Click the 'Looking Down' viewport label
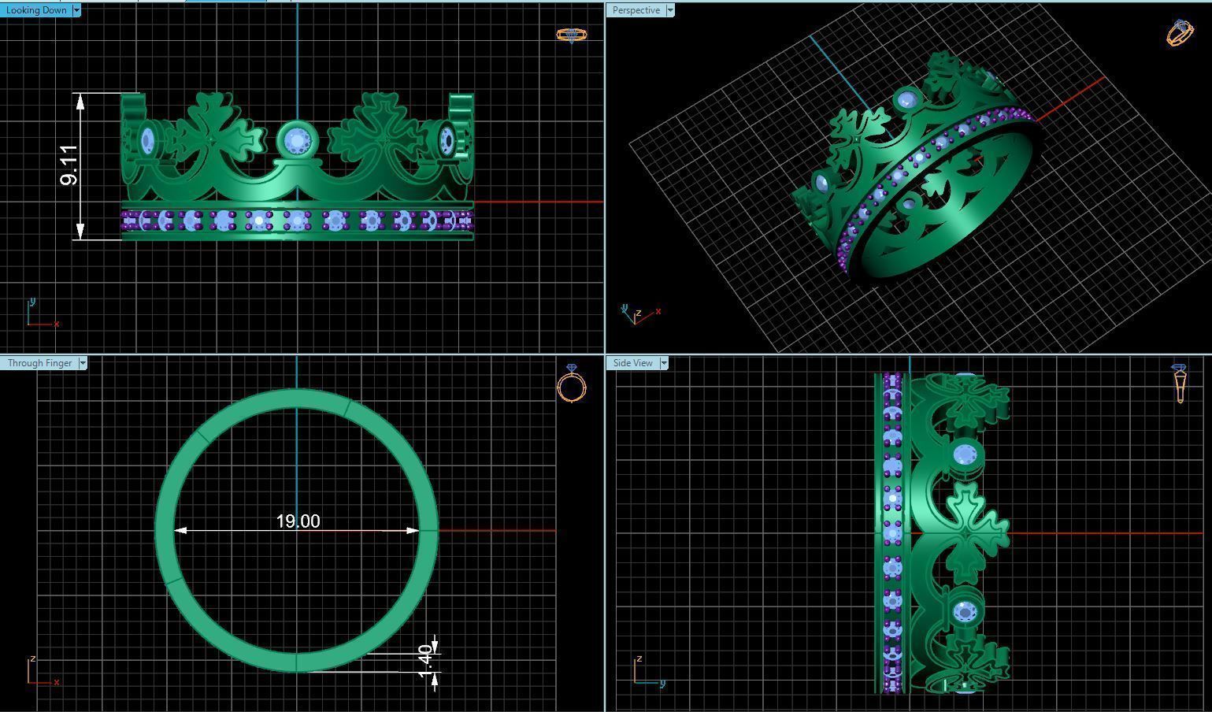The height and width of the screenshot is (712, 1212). point(36,10)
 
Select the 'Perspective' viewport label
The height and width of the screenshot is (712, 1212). point(636,10)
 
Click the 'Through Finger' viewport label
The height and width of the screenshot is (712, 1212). point(39,363)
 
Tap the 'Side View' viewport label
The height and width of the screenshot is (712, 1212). point(632,363)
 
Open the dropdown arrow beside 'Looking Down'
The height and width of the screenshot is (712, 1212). point(76,10)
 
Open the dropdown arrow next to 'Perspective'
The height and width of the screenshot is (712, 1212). point(670,10)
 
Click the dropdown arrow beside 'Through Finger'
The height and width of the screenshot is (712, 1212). point(83,363)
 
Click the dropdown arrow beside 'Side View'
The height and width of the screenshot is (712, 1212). point(664,363)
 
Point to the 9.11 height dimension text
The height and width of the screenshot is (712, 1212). point(69,165)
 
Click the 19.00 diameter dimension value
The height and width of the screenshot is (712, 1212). point(298,521)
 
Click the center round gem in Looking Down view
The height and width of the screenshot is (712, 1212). point(297,142)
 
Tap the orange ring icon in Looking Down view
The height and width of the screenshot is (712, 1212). point(572,35)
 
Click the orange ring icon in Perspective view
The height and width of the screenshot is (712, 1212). point(1179,33)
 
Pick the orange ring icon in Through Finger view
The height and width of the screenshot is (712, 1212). point(572,384)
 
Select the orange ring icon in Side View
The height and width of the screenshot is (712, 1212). point(1179,383)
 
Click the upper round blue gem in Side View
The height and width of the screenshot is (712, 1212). point(966,454)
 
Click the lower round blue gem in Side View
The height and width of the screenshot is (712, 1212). point(965,611)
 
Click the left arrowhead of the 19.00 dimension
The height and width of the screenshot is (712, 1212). point(180,531)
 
